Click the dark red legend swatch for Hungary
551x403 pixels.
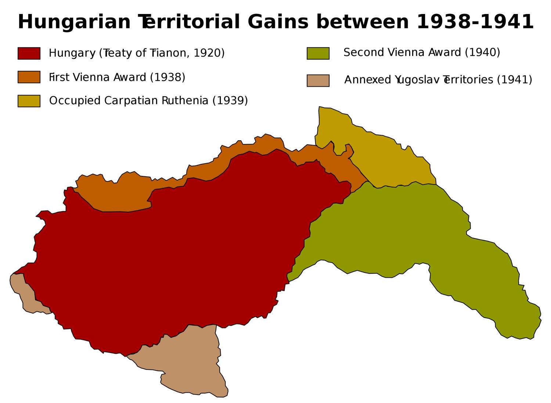(29, 53)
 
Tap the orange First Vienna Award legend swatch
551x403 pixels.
(29, 77)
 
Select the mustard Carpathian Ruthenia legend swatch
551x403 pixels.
(29, 101)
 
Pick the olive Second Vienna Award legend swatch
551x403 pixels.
(318, 53)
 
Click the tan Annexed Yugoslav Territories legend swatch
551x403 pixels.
(318, 80)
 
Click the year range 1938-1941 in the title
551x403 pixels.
(475, 22)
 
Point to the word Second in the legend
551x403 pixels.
(364, 53)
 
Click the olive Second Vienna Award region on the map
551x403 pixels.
(422, 235)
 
